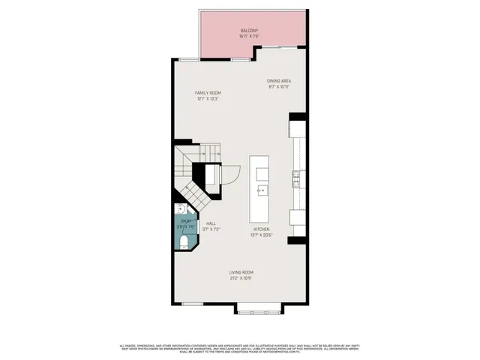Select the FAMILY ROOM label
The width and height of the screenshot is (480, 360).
(x=208, y=92)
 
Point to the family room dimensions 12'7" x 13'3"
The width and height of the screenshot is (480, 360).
(x=208, y=98)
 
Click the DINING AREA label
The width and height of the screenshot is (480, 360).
(x=279, y=80)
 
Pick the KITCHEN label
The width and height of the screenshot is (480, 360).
(x=261, y=229)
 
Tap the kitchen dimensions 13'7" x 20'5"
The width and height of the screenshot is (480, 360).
(x=261, y=235)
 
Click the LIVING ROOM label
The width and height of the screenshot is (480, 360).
(x=241, y=272)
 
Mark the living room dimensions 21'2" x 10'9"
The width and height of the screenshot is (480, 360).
(x=241, y=278)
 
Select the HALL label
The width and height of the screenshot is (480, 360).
(x=211, y=223)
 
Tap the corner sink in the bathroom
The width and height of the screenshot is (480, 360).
(x=181, y=210)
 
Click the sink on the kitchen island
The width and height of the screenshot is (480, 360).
(x=262, y=190)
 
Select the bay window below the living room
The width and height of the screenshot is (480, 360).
(x=259, y=307)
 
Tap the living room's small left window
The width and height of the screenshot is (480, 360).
(x=193, y=302)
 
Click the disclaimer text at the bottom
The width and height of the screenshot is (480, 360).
(x=240, y=349)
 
